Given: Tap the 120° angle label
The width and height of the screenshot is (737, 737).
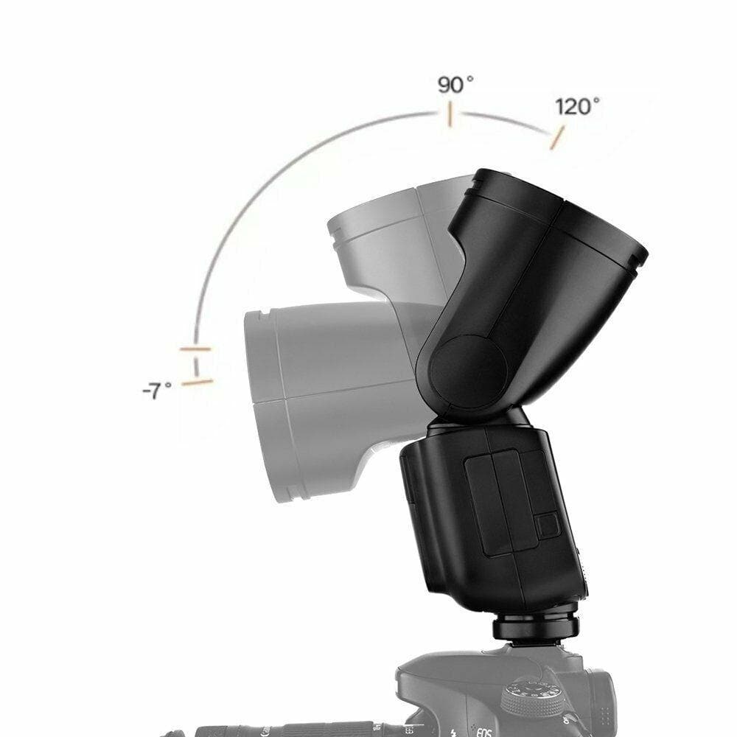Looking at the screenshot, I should point(577,107).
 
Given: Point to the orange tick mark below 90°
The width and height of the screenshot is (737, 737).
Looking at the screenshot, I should point(448,116).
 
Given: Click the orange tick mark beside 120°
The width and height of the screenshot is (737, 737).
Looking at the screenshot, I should point(557,137).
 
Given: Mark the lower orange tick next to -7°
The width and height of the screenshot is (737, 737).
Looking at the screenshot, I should point(197,382).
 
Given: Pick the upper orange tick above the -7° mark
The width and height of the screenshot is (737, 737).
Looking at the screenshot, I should point(195,349).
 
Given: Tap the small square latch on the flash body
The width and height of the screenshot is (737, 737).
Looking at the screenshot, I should point(546,525).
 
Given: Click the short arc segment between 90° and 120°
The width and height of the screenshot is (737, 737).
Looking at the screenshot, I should point(505,119).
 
